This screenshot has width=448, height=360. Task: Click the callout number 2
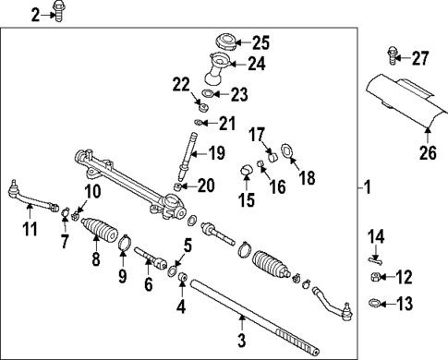tap(37, 14)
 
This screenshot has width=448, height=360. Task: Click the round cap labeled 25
tap(224, 42)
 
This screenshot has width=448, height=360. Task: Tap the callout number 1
tap(367, 188)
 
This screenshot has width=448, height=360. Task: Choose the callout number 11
tap(30, 228)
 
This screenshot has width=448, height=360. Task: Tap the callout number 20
tap(205, 186)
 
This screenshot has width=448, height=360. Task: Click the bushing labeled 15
tap(247, 169)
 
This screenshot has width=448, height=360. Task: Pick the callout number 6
tap(148, 285)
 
